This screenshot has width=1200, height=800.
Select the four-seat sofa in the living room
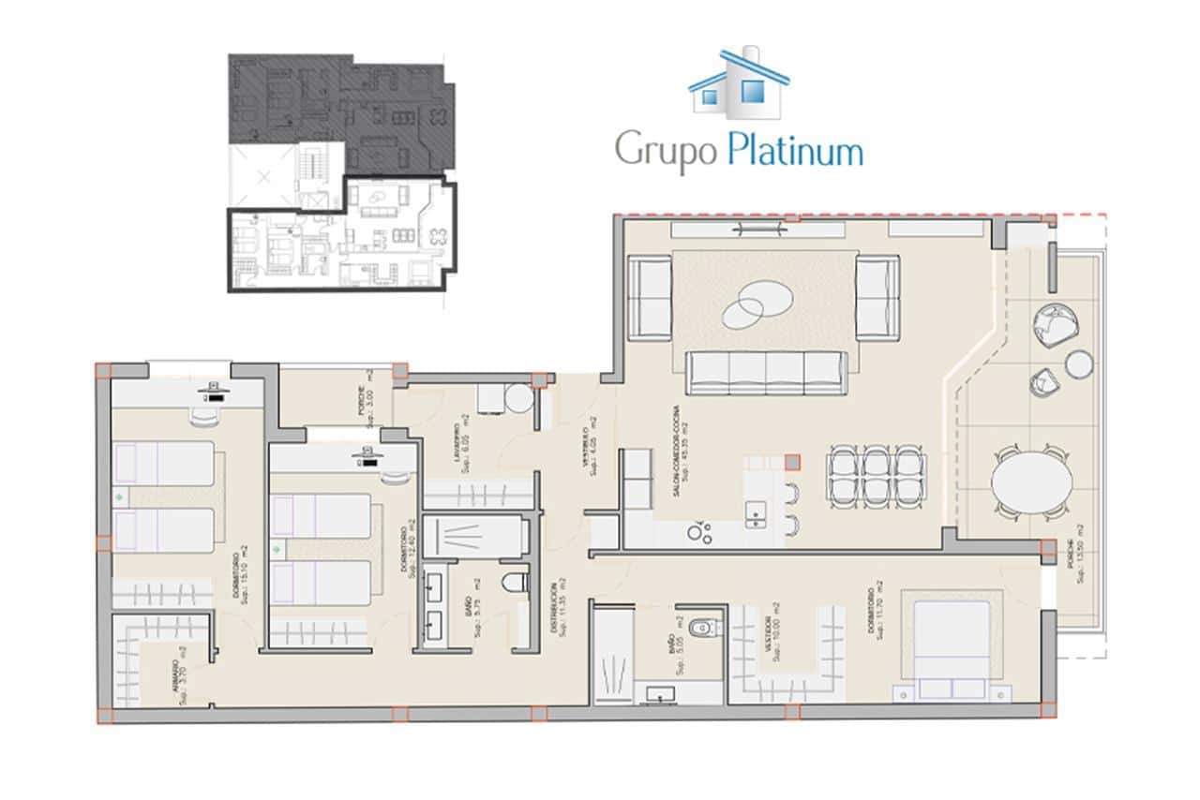coord(766,372)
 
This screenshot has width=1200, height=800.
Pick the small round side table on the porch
coord(1079,363)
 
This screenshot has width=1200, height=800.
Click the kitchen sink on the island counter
coord(753,512)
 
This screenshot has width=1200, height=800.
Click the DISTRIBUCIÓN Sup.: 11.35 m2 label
coord(556,611)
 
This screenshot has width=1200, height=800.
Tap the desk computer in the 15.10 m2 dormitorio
coord(215,393)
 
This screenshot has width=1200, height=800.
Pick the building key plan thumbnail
coord(342,173)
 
